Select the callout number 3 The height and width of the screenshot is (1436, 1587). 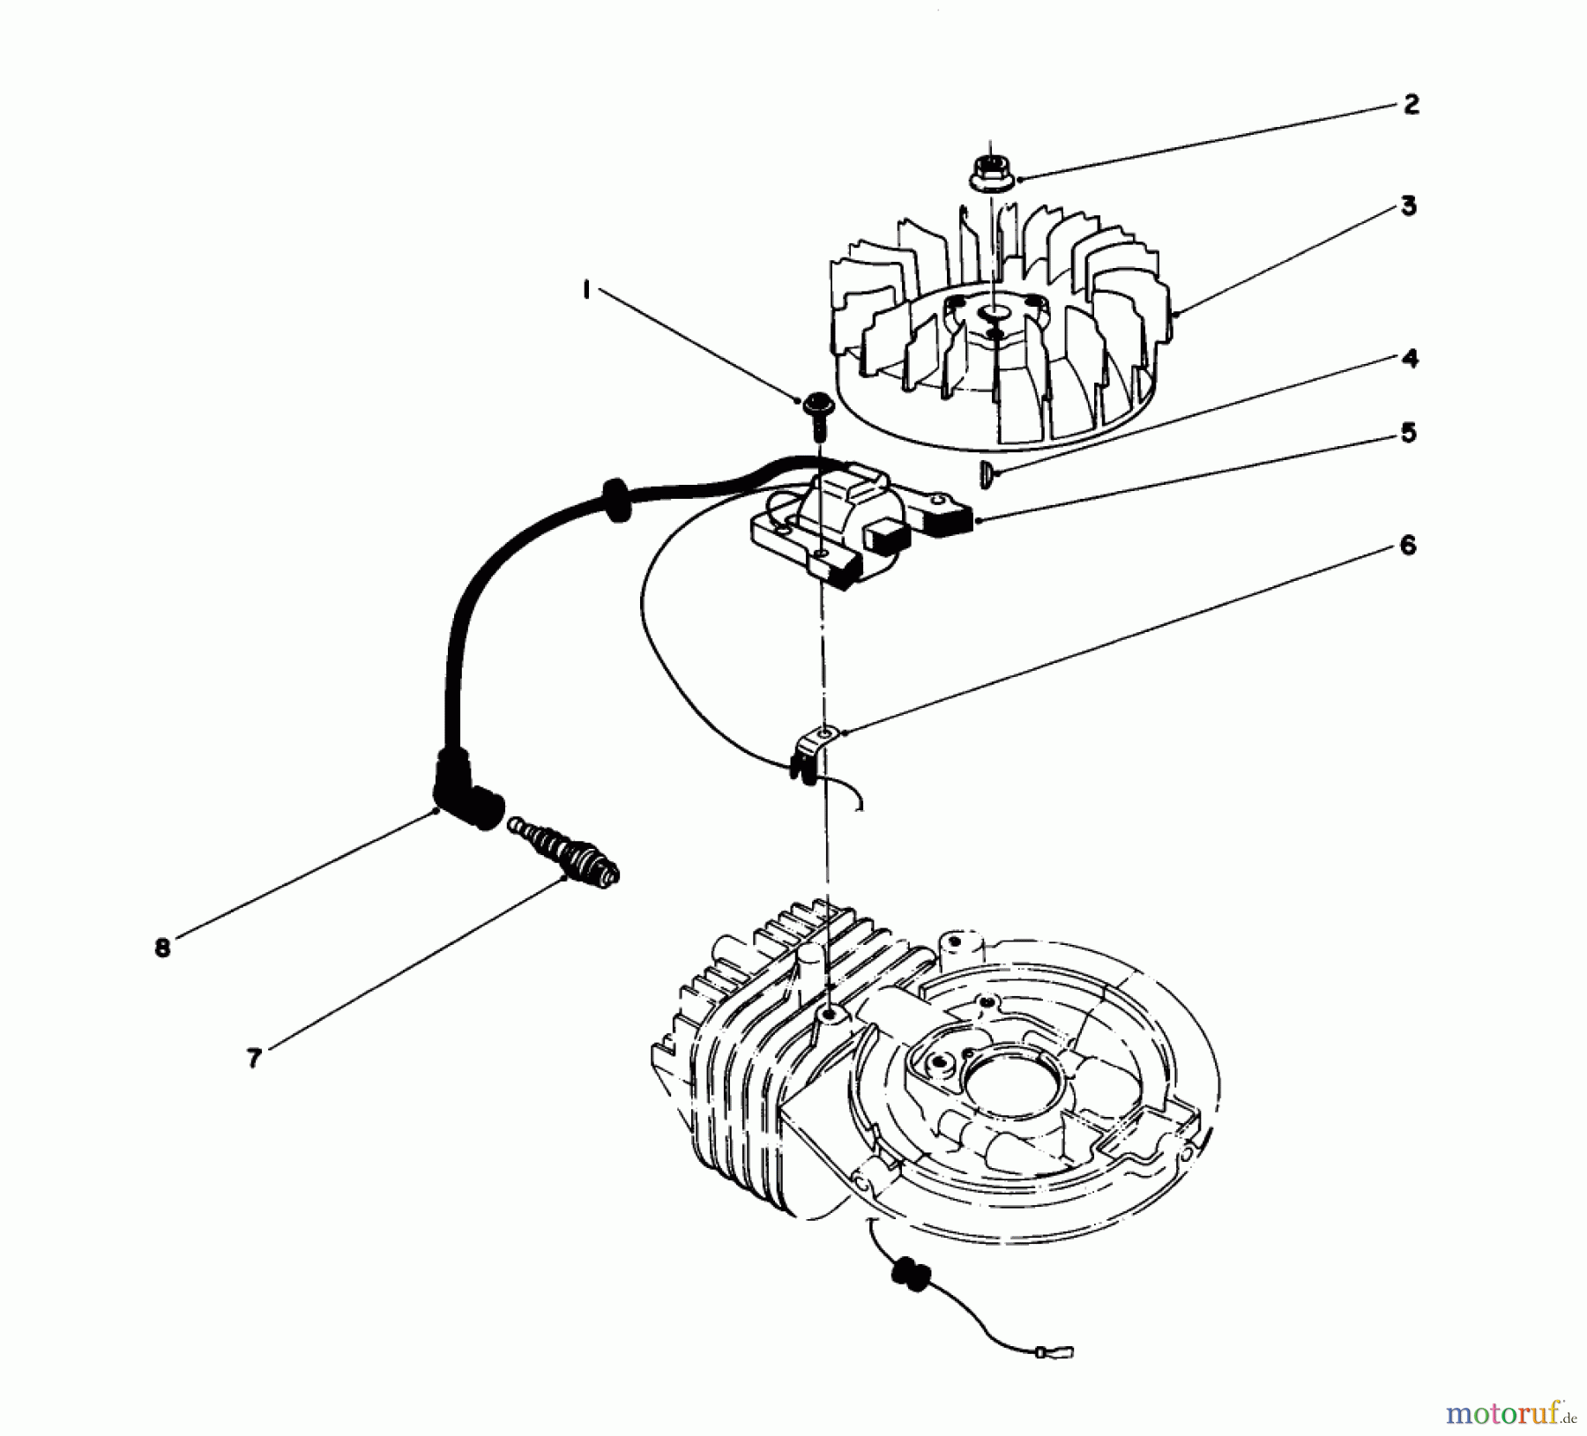click(1409, 207)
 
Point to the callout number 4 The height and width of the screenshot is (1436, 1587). click(1409, 360)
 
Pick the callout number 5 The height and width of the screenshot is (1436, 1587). click(1409, 435)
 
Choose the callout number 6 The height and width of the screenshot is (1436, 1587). click(1407, 547)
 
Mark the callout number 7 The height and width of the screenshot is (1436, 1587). click(254, 1058)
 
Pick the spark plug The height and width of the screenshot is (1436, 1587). click(564, 852)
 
